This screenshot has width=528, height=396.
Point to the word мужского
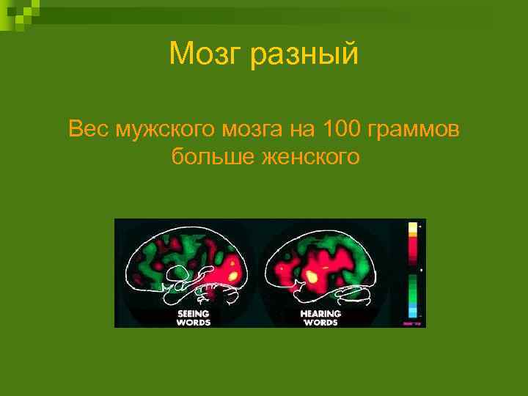(x=166, y=132)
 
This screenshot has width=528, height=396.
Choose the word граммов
(x=417, y=132)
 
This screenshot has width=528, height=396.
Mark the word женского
(x=309, y=157)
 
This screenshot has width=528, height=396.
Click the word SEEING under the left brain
(x=193, y=315)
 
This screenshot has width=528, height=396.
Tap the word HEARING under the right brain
(x=320, y=315)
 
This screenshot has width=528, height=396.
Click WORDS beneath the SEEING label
(x=193, y=323)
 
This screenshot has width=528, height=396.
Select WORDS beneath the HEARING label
(x=320, y=323)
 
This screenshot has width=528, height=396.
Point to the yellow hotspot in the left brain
(x=233, y=275)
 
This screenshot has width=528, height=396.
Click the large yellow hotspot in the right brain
(x=313, y=276)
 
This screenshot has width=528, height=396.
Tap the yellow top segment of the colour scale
(x=413, y=228)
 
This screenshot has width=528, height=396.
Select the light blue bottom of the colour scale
(x=413, y=312)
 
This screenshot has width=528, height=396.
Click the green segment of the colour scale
(x=413, y=286)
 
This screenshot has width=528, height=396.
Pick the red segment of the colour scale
(x=413, y=253)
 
